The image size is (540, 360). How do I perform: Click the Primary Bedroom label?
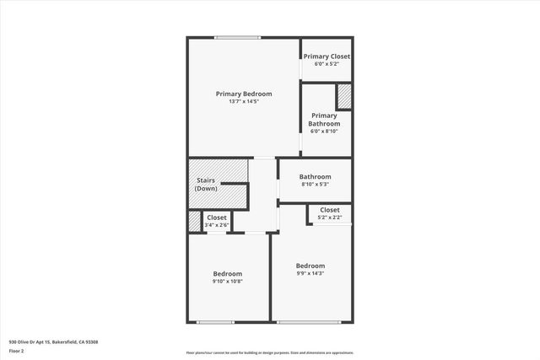(x=244, y=94)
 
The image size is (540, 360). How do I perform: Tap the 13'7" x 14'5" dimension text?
(x=244, y=102)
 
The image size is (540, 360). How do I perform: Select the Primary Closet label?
(x=327, y=56)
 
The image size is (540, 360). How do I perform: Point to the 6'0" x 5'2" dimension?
(x=327, y=64)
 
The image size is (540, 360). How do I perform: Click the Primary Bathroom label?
(x=324, y=120)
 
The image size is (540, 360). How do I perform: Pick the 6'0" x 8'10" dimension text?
(x=324, y=132)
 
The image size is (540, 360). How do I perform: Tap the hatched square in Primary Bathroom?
(x=344, y=95)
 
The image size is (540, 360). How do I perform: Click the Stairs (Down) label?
(x=207, y=185)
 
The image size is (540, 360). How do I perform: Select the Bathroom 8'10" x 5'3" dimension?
(x=315, y=185)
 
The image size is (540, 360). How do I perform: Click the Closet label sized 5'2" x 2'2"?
(x=329, y=210)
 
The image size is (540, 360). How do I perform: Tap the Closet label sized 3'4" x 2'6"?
(x=217, y=218)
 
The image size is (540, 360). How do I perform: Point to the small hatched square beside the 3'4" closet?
(x=194, y=221)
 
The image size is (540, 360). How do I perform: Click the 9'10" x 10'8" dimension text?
(x=228, y=282)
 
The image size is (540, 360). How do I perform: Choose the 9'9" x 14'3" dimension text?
(x=310, y=273)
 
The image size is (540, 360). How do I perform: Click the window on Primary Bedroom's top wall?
(x=237, y=37)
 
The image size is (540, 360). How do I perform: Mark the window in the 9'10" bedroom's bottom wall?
(x=215, y=322)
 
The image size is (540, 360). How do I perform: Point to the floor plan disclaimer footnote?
(x=270, y=353)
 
